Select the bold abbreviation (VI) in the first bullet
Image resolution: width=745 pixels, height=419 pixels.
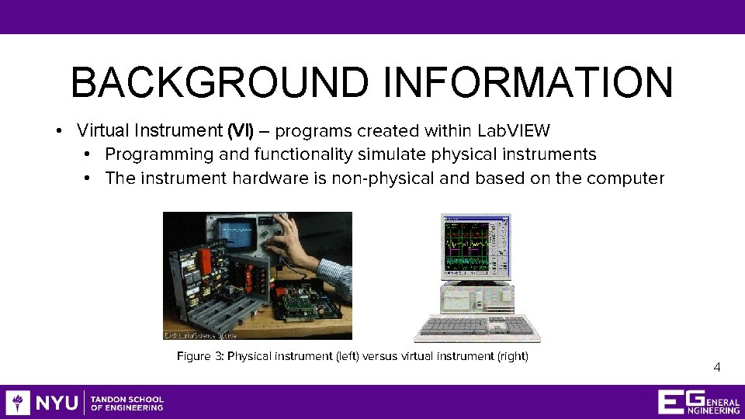[240, 130]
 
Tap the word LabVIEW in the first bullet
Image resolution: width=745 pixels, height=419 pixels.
[515, 130]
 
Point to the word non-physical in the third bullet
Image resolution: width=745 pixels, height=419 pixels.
[383, 178]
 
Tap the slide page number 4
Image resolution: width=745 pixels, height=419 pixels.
[716, 368]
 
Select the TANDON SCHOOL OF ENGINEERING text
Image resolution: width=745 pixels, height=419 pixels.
[127, 403]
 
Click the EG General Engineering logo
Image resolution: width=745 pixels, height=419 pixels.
[698, 402]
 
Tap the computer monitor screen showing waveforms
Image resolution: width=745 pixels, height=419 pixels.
[475, 247]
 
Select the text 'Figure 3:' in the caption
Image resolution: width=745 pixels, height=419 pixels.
[200, 356]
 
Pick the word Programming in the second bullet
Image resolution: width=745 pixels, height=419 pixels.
[147, 154]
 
